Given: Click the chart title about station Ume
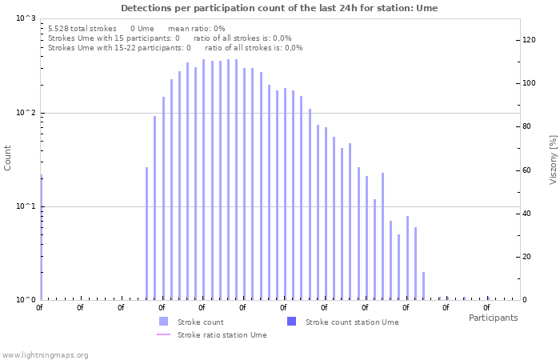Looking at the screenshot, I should coord(279,8).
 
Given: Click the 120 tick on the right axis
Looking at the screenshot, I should coord(529,40).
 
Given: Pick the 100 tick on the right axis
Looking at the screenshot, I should coord(529,83).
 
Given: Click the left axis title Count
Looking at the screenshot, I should coord(8,158).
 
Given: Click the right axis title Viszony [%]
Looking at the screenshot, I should coord(552,159).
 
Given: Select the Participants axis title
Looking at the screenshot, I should coord(493,318).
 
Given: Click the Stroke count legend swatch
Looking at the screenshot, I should coord(163,322).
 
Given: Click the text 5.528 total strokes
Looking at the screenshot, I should coord(82,28).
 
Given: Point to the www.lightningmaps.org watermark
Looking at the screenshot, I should coord(45,354).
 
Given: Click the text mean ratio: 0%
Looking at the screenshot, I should coord(196,28).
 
